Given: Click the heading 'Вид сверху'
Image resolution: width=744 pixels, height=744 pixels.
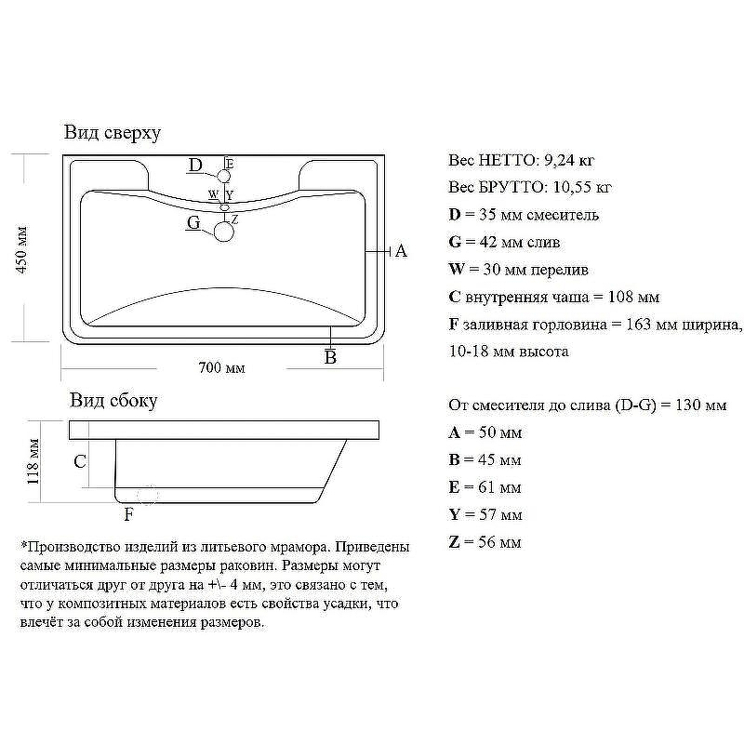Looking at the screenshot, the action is tap(113, 133).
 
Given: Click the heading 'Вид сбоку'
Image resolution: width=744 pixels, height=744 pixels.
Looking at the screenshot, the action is tap(113, 401).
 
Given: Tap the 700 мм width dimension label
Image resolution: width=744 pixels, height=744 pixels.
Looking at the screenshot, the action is tap(221, 367).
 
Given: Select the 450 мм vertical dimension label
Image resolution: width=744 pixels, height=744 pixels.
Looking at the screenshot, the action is tap(22, 249).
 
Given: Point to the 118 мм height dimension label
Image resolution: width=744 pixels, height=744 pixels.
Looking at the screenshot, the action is tap(33, 461).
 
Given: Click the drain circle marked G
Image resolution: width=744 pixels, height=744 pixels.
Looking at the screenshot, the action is tap(224, 232).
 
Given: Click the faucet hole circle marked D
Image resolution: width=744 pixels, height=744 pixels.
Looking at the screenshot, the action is tap(224, 177).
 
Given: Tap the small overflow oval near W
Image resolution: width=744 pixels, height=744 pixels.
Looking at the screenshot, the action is tap(224, 207).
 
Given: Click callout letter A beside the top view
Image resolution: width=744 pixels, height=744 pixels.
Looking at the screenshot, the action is tap(401, 250).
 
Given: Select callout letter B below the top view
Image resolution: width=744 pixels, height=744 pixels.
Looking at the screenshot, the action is tap(330, 357).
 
